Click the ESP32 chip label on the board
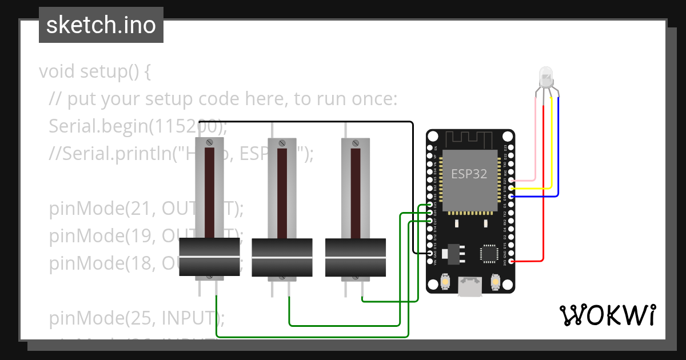(x=469, y=174)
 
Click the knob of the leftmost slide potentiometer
(x=209, y=258)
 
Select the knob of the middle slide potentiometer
(x=282, y=258)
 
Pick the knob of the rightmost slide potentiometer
(x=356, y=258)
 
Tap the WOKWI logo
(x=607, y=315)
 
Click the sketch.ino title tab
(x=101, y=25)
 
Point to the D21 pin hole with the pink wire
(x=510, y=179)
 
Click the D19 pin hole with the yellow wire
(x=510, y=187)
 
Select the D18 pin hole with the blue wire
(x=510, y=196)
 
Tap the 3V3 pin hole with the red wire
(x=510, y=262)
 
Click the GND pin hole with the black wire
(x=430, y=253)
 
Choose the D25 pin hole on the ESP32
(x=430, y=204)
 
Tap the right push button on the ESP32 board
(x=496, y=282)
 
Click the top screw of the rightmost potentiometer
(x=356, y=142)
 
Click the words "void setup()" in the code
(x=94, y=72)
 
